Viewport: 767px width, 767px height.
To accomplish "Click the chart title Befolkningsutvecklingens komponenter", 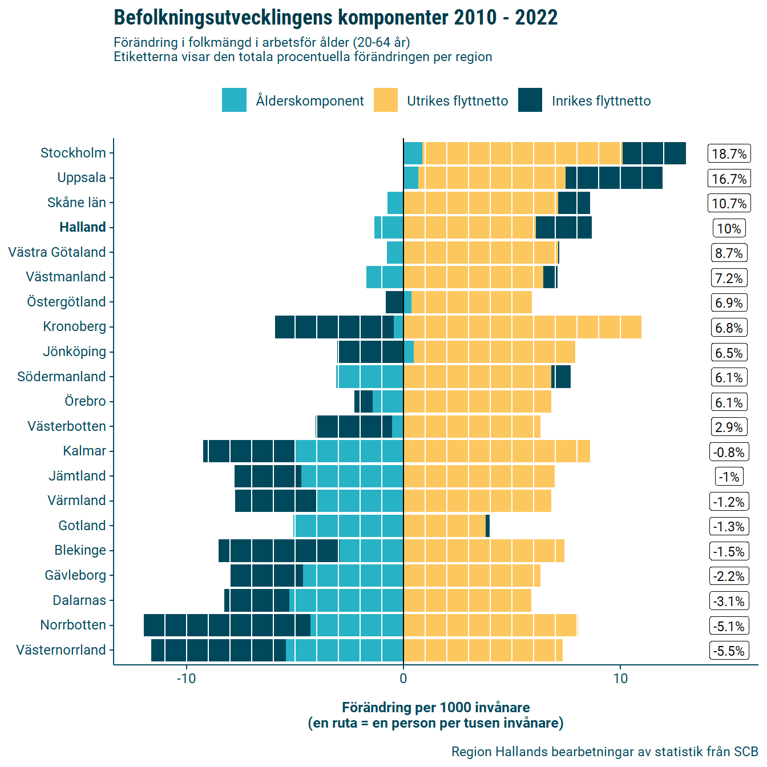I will pos(336,18).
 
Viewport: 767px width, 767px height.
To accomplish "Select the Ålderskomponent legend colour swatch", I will pos(234,100).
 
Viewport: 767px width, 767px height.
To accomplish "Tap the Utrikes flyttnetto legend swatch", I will pos(385,100).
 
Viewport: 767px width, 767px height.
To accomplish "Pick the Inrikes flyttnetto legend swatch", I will pos(530,100).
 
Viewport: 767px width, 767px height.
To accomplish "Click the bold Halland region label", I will pos(83,227).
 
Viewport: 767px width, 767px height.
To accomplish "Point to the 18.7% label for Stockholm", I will pos(729,154).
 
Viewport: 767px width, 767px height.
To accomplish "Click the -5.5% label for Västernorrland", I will pos(729,651).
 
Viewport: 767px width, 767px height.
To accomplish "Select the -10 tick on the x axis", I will pos(186,679).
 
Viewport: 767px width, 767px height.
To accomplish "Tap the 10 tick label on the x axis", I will pos(620,679).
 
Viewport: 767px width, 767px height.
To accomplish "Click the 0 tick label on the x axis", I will pos(403,679).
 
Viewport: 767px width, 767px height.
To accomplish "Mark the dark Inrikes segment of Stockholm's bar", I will pos(654,153).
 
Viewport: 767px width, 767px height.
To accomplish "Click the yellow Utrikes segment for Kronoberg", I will pos(522,326).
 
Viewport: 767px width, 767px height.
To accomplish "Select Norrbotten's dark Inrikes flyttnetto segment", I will pos(227,625).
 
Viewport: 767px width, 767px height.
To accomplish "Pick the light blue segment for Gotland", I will pos(349,526).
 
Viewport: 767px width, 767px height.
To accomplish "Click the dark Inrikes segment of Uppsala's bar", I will pos(614,177).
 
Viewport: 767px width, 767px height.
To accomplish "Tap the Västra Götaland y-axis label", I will pos(57,252).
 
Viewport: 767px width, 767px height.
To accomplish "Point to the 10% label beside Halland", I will pos(729,228).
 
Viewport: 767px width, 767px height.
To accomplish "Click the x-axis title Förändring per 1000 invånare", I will pos(435,708).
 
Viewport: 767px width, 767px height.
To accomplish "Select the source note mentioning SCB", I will pos(604,752).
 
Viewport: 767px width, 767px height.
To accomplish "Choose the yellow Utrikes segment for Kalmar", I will pos(496,451).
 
